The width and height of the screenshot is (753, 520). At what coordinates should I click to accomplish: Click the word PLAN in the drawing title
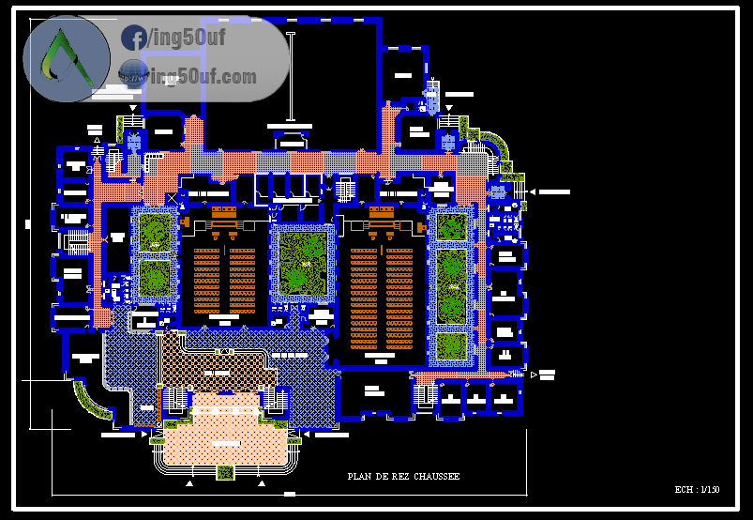pyautogui.click(x=357, y=477)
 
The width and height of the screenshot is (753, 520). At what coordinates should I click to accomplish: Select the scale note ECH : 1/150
pyautogui.click(x=697, y=490)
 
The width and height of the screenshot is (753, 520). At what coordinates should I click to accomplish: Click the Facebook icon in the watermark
pyautogui.click(x=134, y=38)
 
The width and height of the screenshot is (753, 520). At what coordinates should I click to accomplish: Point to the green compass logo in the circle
pyautogui.click(x=66, y=58)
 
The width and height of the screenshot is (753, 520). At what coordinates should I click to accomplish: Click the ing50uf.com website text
pyautogui.click(x=203, y=77)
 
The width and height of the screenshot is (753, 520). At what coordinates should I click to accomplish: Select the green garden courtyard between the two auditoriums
pyautogui.click(x=302, y=262)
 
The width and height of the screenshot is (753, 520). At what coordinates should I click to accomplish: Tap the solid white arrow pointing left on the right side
pyautogui.click(x=532, y=191)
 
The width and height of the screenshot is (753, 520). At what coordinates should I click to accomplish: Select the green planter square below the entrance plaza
pyautogui.click(x=225, y=472)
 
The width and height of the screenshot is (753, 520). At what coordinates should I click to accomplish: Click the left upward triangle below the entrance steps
pyautogui.click(x=190, y=484)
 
